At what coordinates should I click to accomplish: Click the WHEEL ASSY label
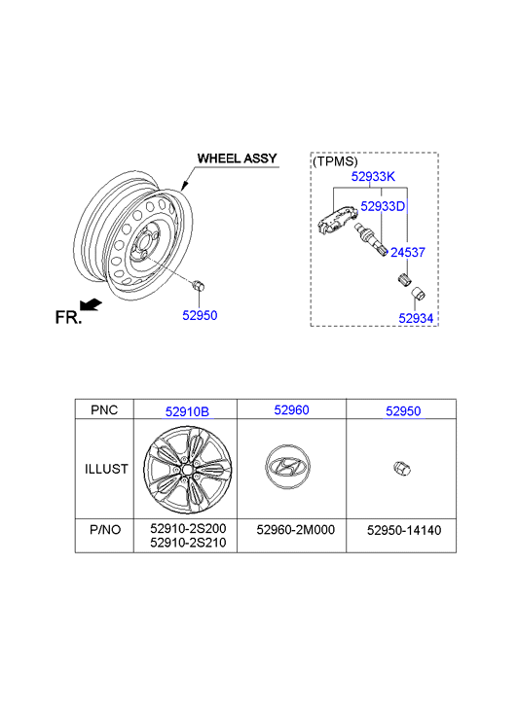(x=237, y=159)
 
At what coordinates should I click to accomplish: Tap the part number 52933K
(x=373, y=176)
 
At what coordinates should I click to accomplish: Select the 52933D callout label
(x=383, y=206)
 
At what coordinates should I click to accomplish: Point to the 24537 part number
(x=408, y=253)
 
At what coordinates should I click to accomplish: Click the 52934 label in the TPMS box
(x=416, y=318)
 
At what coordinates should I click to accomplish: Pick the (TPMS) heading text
(x=335, y=161)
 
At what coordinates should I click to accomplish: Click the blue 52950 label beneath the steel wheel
(x=200, y=315)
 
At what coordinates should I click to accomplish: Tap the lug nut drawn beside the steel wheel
(x=199, y=285)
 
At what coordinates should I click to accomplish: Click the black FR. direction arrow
(x=92, y=305)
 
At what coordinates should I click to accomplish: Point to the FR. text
(x=68, y=317)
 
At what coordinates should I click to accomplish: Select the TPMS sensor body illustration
(x=335, y=221)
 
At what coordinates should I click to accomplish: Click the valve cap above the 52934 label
(x=418, y=295)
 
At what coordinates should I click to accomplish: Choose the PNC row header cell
(x=104, y=409)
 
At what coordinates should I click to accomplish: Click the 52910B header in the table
(x=187, y=411)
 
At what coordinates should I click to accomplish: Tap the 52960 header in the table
(x=292, y=409)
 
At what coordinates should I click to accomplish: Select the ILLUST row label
(x=106, y=469)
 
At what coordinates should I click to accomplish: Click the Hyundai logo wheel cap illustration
(x=287, y=467)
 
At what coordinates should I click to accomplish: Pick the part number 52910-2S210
(x=188, y=543)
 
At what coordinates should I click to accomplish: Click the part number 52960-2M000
(x=296, y=529)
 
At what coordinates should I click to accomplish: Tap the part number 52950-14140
(x=404, y=530)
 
